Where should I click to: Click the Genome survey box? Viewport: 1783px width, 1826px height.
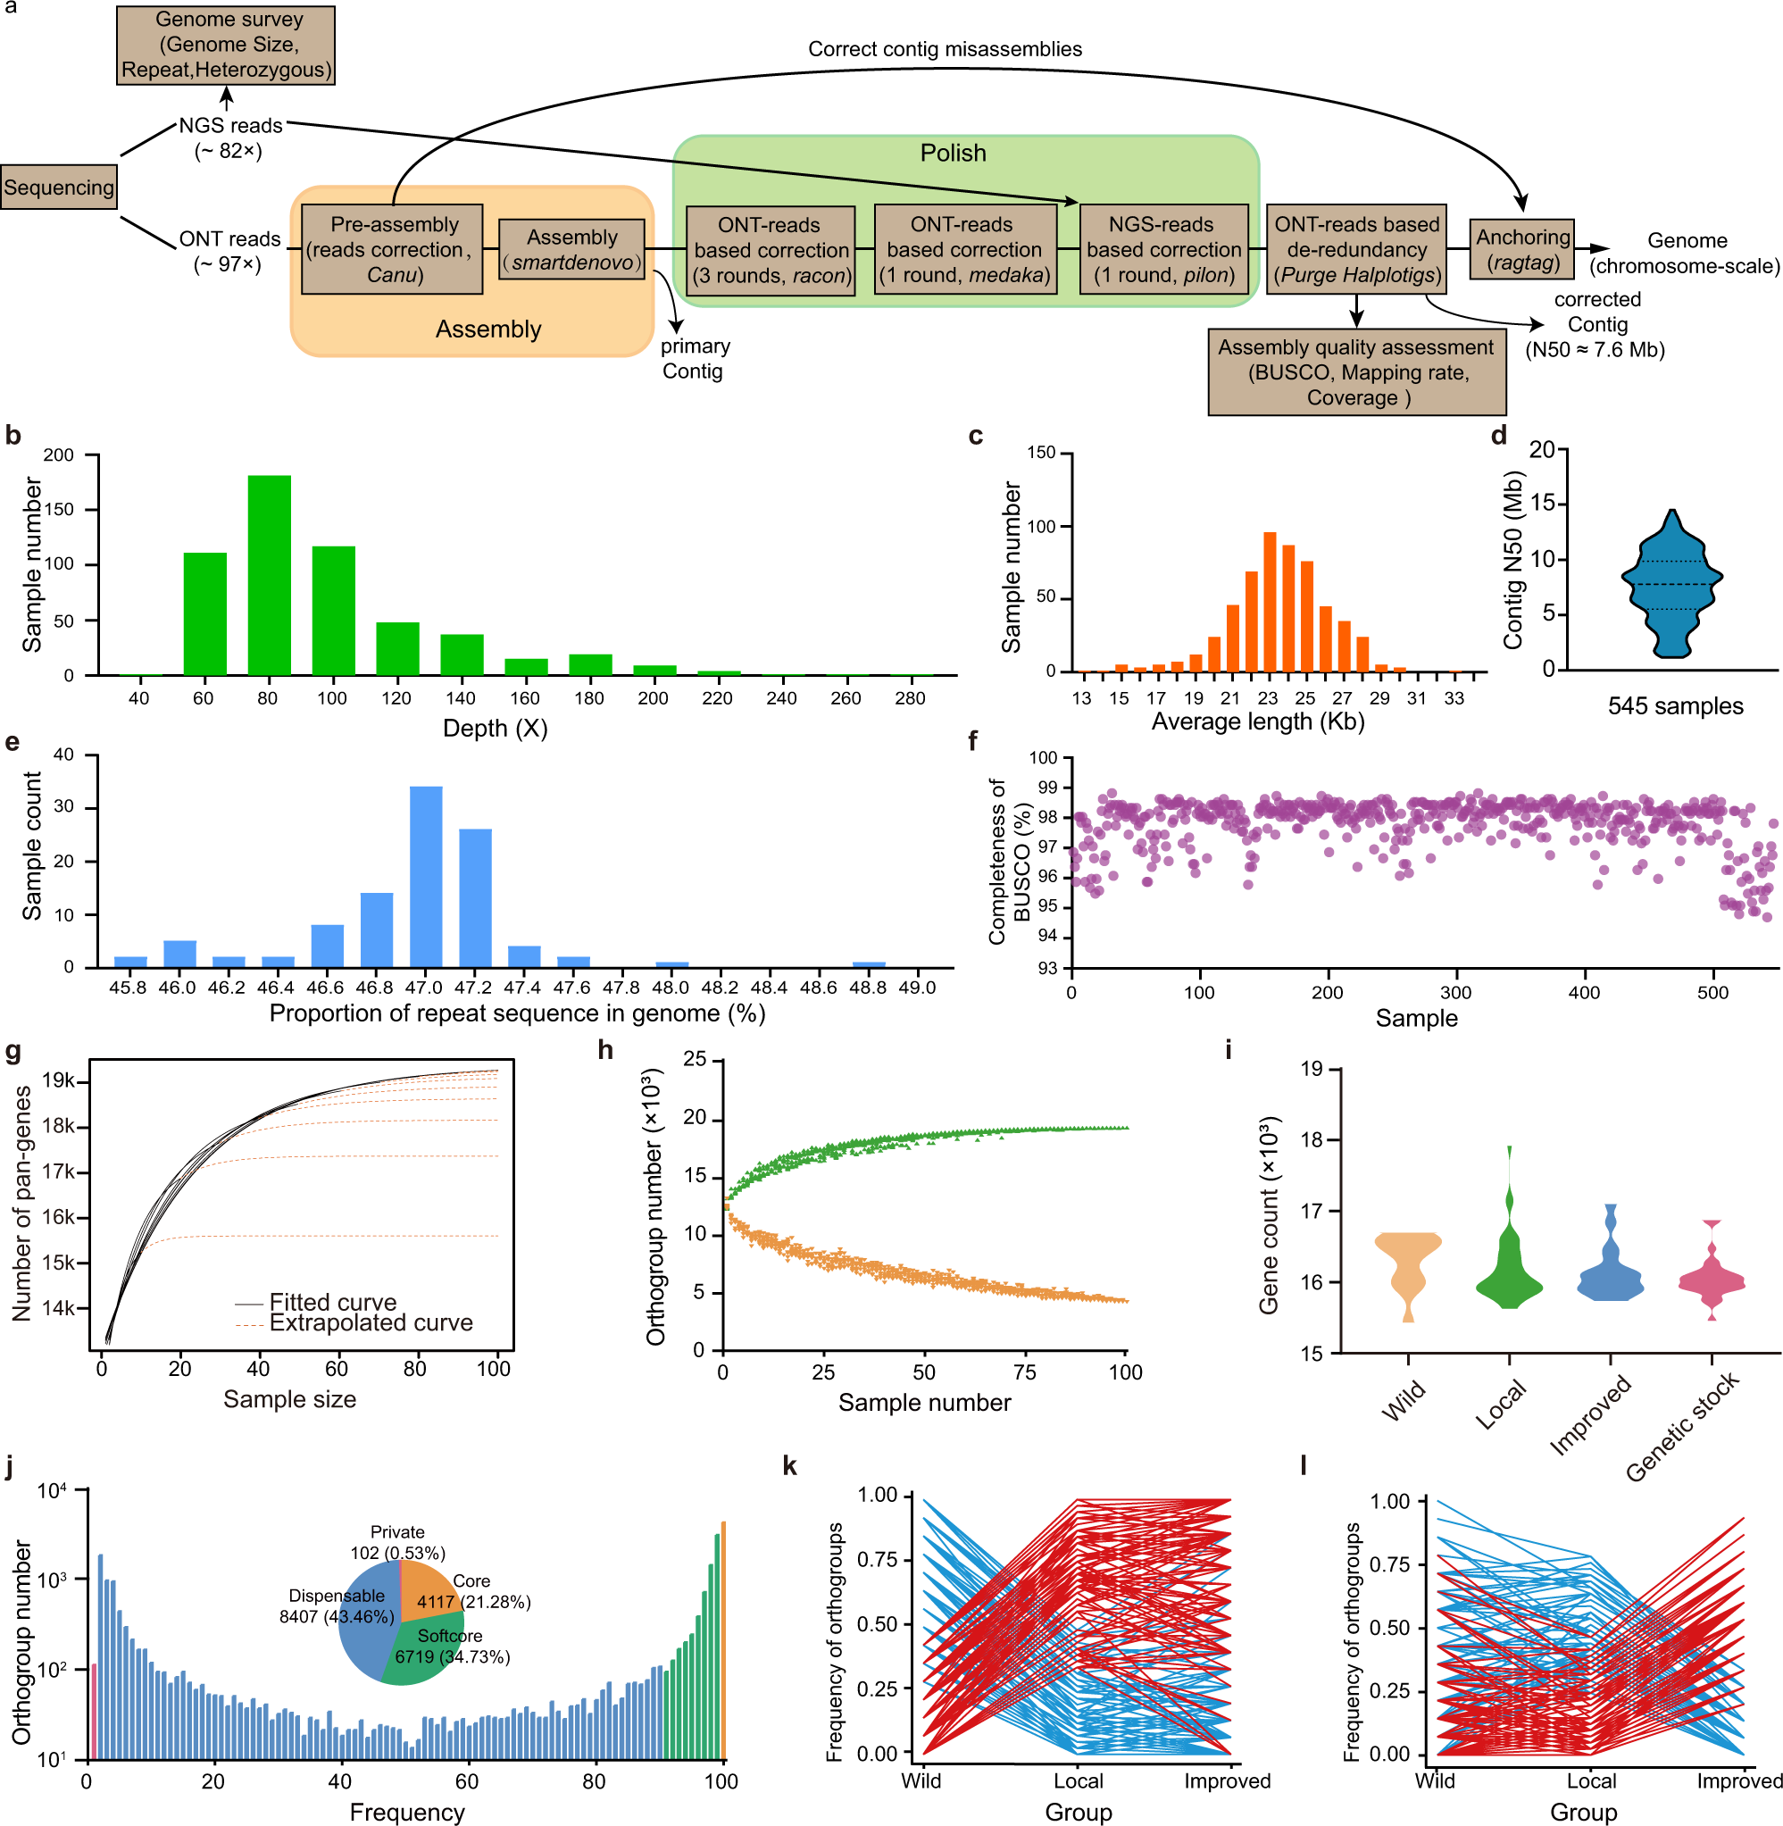226,45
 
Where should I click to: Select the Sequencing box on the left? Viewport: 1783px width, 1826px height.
58,188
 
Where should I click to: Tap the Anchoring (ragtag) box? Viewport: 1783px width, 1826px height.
1522,249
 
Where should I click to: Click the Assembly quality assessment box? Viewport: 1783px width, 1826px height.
1357,371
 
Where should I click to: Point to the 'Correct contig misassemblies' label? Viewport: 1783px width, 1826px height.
945,49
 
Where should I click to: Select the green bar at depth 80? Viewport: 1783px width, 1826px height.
269,576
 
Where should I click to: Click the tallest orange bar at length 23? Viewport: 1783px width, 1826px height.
1270,602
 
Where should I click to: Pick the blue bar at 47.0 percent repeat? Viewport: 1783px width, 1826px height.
426,877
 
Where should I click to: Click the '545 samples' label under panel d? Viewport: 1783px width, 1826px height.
1675,706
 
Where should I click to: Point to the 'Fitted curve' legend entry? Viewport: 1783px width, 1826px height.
332,1303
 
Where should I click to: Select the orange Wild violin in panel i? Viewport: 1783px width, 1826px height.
1407,1269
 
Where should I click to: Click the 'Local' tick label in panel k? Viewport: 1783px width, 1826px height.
1078,1781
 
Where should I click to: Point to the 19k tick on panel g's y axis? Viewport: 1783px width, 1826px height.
58,1081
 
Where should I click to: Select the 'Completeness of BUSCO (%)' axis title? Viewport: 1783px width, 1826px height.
1009,862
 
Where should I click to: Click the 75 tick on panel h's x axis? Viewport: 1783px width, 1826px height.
1024,1372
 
